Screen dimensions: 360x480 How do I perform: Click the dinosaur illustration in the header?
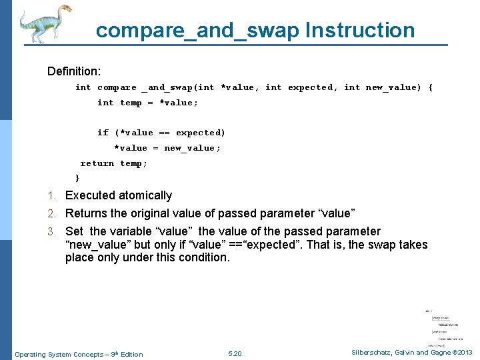[44, 24]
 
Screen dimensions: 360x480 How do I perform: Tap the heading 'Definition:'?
[74, 71]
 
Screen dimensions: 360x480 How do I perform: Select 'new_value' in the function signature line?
[393, 87]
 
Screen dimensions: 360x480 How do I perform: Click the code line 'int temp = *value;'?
[147, 103]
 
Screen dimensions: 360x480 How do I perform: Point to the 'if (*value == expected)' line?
[161, 133]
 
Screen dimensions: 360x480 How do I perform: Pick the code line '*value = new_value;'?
[167, 148]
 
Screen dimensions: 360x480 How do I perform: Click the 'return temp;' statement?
[114, 163]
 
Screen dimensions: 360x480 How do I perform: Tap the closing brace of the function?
[77, 178]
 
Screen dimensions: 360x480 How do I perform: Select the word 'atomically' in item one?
[146, 195]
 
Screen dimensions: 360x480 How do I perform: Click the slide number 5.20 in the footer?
[235, 353]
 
